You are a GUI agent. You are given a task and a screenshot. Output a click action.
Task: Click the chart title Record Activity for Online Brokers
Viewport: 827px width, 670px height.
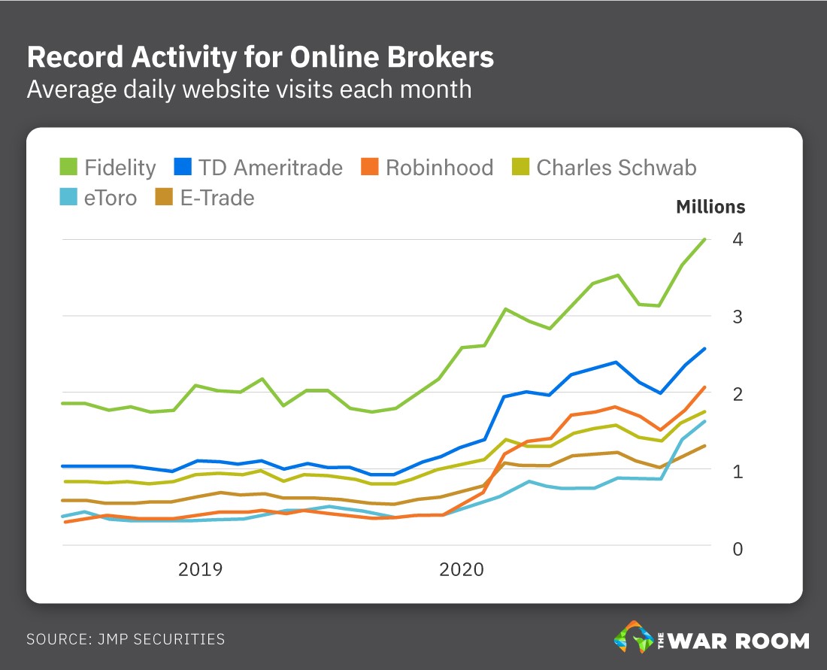(260, 57)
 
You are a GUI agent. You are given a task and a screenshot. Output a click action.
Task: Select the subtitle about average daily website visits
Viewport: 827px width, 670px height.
(249, 89)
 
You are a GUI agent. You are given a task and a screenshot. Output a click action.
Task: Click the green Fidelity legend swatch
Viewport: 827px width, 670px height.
(68, 167)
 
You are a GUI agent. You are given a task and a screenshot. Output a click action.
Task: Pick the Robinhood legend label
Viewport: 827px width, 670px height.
(439, 167)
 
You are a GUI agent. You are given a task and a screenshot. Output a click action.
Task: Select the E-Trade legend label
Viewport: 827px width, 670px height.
(217, 198)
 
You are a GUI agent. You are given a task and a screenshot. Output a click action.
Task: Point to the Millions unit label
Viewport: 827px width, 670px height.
(710, 207)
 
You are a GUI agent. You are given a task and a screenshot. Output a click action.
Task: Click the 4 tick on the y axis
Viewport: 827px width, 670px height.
(738, 240)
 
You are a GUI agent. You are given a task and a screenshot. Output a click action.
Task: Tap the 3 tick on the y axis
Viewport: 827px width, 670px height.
(738, 317)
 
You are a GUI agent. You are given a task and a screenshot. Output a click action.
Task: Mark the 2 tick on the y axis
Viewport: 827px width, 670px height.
(738, 394)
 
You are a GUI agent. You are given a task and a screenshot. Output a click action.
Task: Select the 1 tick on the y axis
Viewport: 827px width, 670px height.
(738, 471)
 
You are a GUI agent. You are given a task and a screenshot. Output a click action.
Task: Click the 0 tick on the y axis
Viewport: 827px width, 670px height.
(738, 549)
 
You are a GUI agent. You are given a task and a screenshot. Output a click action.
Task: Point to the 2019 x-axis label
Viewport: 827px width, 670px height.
(200, 569)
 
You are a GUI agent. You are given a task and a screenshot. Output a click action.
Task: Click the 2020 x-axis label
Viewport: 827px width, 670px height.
(462, 569)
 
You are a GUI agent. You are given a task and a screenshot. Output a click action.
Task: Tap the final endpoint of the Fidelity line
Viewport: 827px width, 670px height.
(704, 239)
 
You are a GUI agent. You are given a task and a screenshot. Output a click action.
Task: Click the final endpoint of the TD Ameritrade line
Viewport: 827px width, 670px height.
(704, 348)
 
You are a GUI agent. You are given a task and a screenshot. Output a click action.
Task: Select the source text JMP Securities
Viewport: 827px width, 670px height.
(126, 640)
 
